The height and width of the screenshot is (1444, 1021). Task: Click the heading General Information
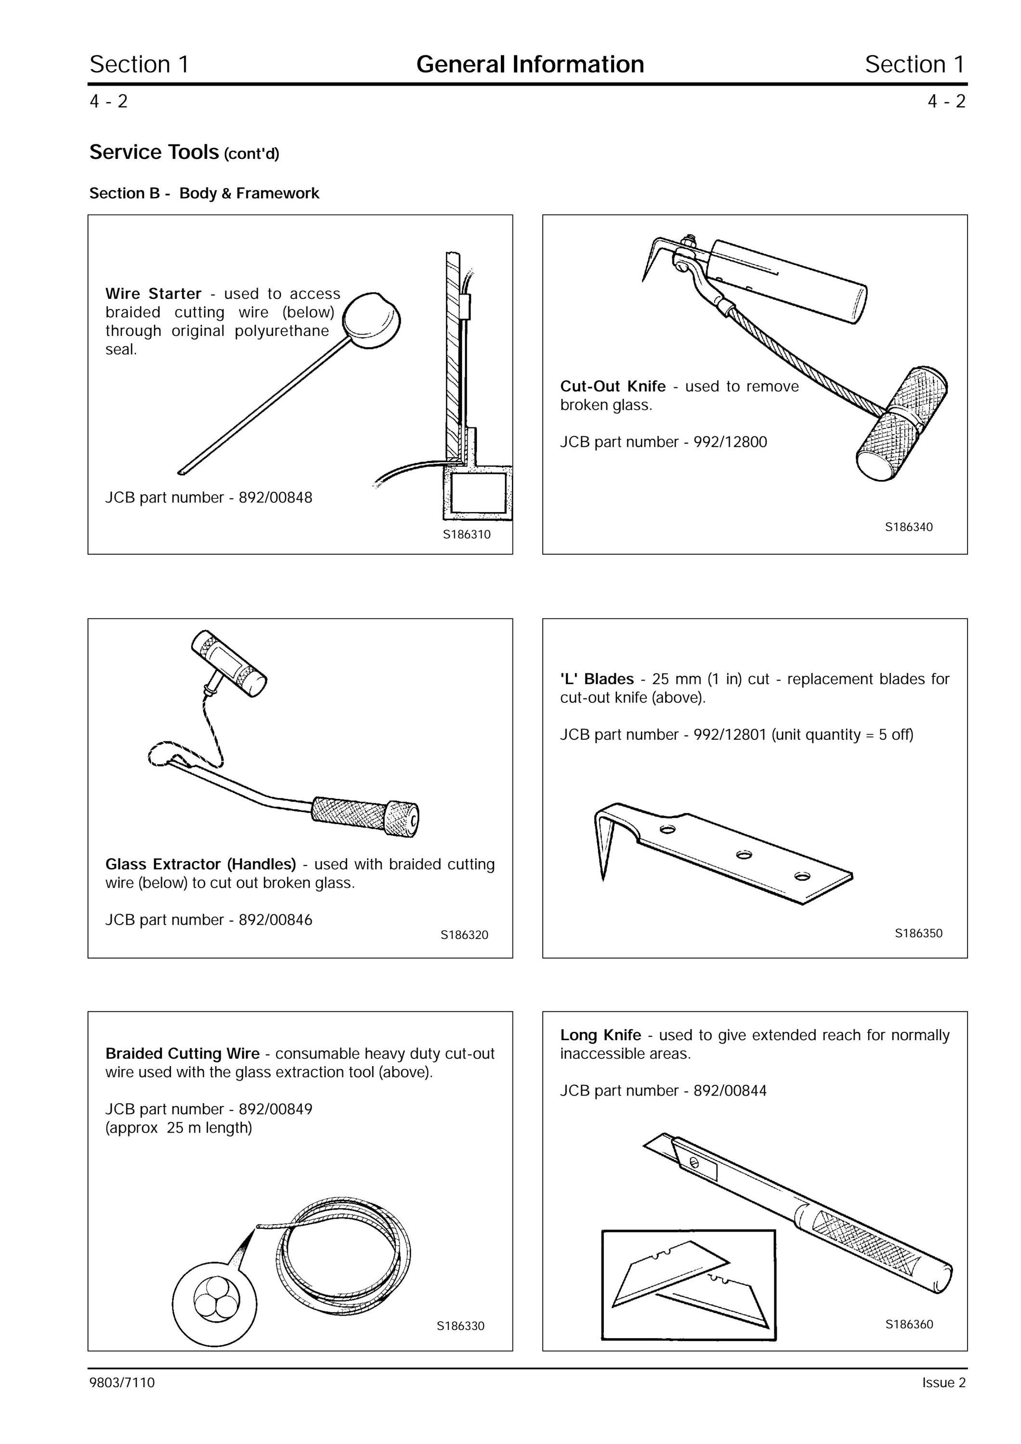(530, 64)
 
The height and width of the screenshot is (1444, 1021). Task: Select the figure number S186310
(467, 535)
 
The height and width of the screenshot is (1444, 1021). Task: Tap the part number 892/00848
(275, 498)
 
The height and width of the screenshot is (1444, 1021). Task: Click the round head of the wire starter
(372, 321)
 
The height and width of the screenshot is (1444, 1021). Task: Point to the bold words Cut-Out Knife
(613, 386)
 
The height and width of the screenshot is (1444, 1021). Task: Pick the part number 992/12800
(731, 442)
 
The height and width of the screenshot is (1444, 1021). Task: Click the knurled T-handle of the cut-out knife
(902, 424)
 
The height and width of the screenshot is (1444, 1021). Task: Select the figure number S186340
(909, 527)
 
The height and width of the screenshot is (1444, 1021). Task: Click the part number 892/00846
(275, 919)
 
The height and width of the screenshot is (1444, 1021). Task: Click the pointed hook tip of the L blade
(603, 879)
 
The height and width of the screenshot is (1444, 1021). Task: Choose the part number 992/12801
(731, 735)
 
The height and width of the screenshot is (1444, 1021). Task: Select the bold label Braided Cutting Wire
(183, 1054)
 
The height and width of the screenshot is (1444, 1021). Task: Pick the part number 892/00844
(731, 1091)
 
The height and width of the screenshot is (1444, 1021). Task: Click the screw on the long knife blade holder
(694, 1162)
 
